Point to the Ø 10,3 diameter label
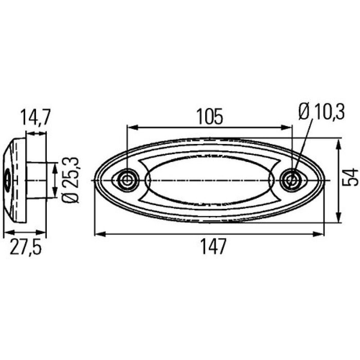point(321,112)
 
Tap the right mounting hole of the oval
point(292,180)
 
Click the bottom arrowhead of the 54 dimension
point(337,218)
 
